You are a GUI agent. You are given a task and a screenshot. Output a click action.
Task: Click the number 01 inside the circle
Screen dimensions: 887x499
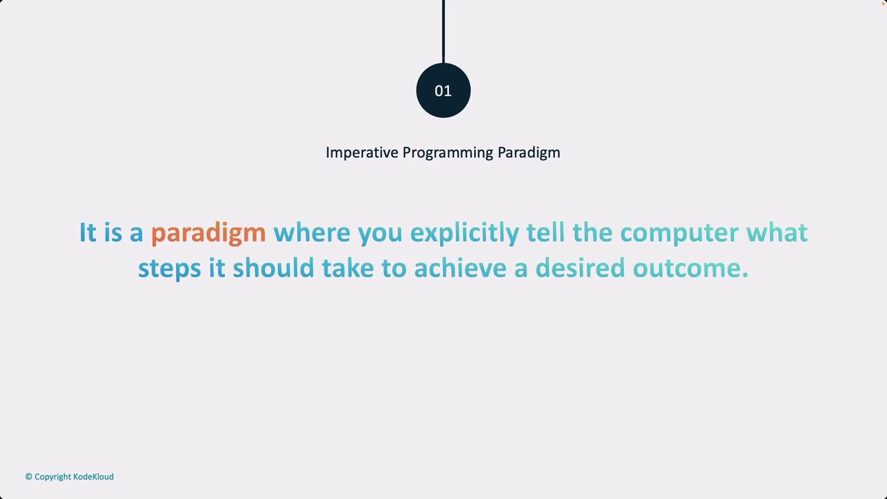point(443,91)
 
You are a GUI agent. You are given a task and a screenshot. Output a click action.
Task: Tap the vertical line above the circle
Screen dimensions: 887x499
point(443,32)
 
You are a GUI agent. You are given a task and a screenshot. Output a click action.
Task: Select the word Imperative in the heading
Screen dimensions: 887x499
point(362,153)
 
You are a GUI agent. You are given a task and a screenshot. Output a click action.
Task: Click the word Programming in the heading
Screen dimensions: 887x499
point(448,153)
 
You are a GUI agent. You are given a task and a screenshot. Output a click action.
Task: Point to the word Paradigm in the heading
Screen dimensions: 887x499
point(529,153)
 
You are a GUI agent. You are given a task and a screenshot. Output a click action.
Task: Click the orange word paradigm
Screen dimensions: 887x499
point(209,233)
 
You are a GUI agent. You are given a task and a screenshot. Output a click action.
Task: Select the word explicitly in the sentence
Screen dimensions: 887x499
point(464,233)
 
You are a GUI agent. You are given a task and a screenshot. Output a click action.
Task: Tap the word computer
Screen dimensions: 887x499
point(679,233)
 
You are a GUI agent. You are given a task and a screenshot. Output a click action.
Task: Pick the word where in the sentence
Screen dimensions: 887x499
point(312,232)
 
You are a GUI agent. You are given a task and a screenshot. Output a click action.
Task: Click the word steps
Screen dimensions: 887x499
point(170,269)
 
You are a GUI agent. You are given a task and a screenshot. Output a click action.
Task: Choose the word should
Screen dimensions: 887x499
point(274,268)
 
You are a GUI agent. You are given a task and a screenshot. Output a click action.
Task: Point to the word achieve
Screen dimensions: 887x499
point(460,268)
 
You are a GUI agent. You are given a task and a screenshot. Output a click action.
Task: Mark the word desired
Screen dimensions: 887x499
point(580,268)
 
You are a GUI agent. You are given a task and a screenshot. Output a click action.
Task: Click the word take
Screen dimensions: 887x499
point(348,268)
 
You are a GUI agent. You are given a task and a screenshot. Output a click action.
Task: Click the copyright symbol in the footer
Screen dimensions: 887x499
point(28,476)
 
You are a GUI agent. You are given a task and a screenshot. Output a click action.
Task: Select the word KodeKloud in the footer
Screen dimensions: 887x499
point(94,476)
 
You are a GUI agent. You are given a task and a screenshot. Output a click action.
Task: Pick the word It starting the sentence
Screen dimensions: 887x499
point(88,232)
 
